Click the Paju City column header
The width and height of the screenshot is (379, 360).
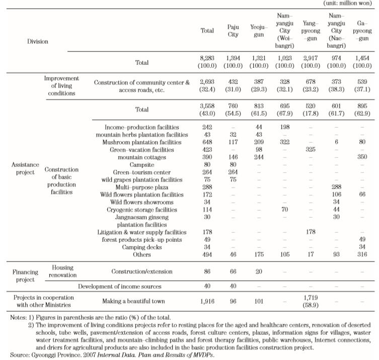(233, 31)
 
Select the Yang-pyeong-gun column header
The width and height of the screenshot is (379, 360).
(311, 31)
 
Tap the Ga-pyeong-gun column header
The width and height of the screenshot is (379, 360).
(362, 31)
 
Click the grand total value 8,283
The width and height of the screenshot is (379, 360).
(207, 58)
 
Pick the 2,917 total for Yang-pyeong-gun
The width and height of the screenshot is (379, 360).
(311, 58)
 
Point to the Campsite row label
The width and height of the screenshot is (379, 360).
(142, 165)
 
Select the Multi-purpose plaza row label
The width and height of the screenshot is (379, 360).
(142, 187)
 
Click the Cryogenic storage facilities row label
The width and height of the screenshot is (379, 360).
(142, 210)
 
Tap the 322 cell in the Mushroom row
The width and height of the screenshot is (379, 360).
(285, 142)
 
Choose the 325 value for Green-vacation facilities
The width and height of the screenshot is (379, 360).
(311, 149)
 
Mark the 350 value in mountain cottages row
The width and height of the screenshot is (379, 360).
(362, 157)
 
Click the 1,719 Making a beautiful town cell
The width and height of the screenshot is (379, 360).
(311, 298)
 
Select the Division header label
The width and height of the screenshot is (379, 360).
(38, 42)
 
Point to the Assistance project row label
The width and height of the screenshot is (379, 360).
(25, 168)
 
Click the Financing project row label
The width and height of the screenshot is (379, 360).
(25, 276)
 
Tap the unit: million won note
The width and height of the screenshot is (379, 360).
(347, 3)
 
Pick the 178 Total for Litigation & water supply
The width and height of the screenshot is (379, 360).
(207, 232)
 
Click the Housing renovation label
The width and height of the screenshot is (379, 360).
(62, 271)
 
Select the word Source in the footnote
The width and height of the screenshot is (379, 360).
(18, 355)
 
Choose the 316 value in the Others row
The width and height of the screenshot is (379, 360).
(362, 254)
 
